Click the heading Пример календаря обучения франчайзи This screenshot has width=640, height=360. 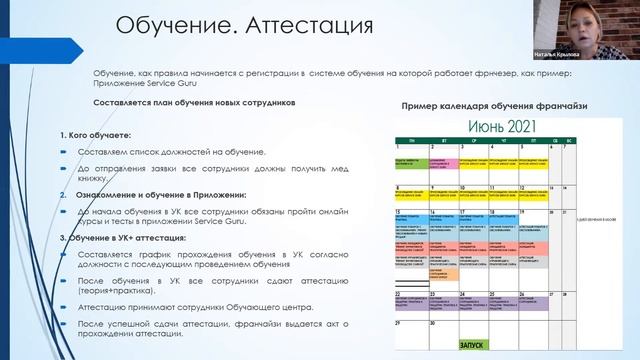pyautogui.click(x=492, y=106)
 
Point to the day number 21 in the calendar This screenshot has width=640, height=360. pyautogui.click(x=398, y=268)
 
